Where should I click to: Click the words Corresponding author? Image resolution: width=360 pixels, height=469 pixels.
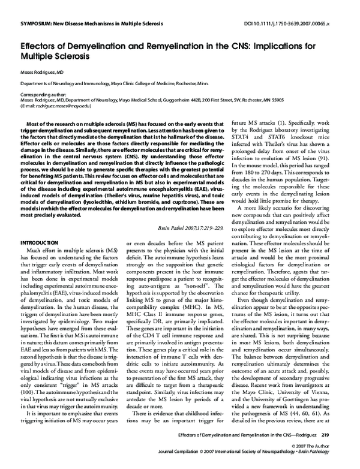point(42,95)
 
